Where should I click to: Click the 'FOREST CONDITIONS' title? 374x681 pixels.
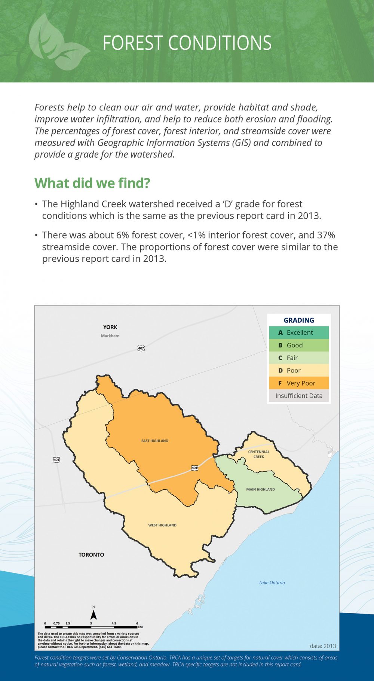coord(187,43)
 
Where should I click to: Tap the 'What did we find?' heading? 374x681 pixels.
coord(92,183)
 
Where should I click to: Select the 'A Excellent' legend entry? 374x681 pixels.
coord(299,332)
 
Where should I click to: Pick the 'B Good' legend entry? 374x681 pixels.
coord(299,345)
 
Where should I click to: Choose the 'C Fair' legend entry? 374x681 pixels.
coord(299,358)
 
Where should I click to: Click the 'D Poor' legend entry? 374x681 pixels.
coord(299,370)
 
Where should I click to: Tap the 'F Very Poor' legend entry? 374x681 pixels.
coord(299,383)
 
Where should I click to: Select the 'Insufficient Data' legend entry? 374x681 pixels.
coord(299,396)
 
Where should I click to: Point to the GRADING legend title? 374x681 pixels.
coord(299,320)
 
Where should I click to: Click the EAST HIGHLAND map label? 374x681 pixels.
coord(155,441)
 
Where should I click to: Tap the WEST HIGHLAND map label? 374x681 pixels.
coord(162,525)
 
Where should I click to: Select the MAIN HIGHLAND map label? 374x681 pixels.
coord(260,489)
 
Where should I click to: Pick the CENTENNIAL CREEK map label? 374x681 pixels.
coord(259,454)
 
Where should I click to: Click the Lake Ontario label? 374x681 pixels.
coord(272,583)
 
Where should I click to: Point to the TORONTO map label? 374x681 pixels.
coord(91,555)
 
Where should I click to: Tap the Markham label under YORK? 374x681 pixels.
coord(110,336)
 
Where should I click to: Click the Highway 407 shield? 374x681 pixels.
coord(141,348)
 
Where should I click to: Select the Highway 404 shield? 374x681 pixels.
coord(56,459)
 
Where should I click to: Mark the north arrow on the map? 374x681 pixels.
coord(93,614)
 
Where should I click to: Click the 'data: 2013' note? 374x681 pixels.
coord(323,646)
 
